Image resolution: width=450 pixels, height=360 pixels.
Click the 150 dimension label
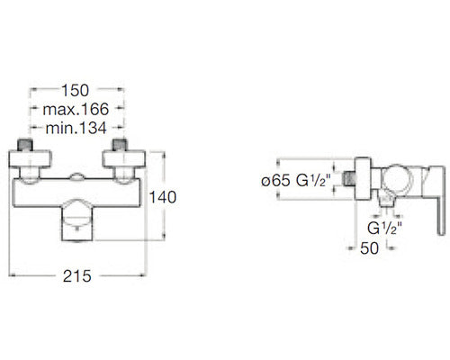(x=75, y=90)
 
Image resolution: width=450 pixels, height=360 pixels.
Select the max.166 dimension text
(x=76, y=109)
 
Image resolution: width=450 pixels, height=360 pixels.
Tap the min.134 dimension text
(x=76, y=128)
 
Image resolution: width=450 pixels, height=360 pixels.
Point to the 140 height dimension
(x=163, y=197)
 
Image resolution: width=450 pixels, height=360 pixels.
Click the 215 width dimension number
(x=76, y=276)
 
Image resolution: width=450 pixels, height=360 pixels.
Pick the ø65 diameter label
(x=275, y=181)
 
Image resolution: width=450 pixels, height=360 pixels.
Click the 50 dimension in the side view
(x=369, y=248)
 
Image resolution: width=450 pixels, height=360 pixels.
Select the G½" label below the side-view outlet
(x=384, y=229)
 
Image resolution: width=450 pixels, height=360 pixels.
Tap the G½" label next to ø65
(x=313, y=180)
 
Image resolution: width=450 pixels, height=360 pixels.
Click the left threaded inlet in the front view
(x=25, y=145)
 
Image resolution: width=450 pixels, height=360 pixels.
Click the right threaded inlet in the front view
(x=120, y=145)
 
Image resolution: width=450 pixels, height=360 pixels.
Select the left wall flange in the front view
(x=30, y=158)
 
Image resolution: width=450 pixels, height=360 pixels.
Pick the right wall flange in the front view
(x=124, y=158)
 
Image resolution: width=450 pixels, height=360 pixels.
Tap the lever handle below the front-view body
(x=77, y=220)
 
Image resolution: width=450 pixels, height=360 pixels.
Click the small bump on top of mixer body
(x=77, y=176)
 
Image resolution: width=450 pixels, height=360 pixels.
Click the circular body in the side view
(x=398, y=180)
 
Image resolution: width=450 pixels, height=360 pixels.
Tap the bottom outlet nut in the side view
(x=386, y=199)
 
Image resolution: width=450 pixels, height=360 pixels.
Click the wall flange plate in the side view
(x=363, y=178)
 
